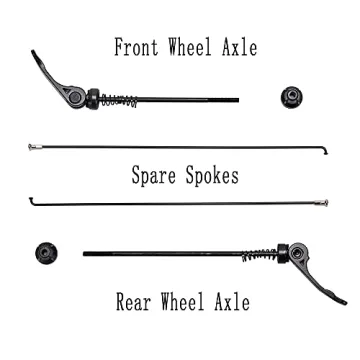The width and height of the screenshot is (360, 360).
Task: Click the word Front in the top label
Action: point(136,48)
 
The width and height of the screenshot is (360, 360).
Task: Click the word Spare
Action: point(153,177)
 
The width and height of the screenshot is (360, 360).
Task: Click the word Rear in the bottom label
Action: point(132,301)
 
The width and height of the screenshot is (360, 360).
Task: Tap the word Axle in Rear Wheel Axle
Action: point(230,301)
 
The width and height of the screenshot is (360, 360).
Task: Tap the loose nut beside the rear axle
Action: point(45,252)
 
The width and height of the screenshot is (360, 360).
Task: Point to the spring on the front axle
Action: point(119,100)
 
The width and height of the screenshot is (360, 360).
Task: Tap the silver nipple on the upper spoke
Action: point(35,147)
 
